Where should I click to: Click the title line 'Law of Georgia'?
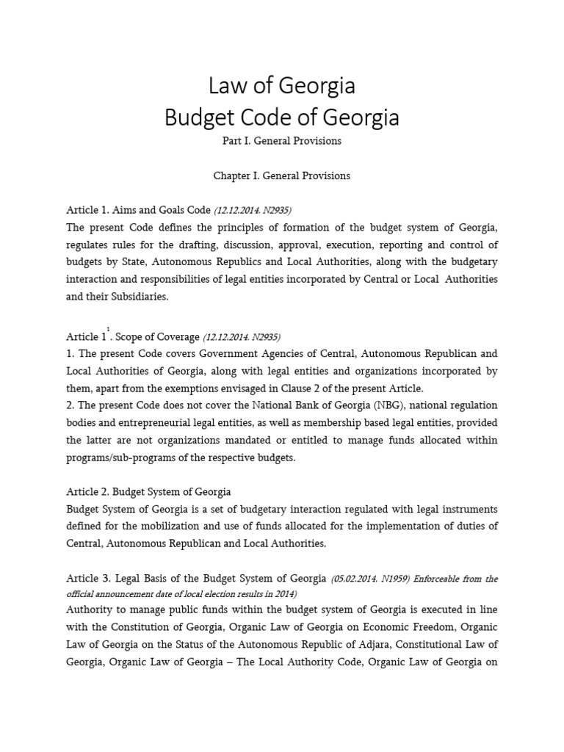pos(282,86)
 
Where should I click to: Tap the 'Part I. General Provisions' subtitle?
pos(282,141)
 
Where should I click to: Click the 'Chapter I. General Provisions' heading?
pos(282,176)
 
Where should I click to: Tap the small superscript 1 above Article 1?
pos(108,330)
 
